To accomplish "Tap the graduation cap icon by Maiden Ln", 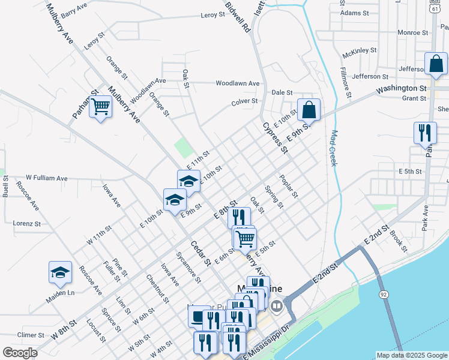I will click(60, 273).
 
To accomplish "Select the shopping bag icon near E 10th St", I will click(309, 110).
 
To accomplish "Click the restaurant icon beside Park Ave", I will click(425, 133).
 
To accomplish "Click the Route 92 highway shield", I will click(383, 294).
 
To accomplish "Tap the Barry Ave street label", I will click(74, 11).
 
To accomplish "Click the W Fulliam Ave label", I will click(47, 178).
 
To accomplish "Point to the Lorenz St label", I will click(26, 223).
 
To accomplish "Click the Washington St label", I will click(401, 89).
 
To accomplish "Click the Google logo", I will click(20, 353).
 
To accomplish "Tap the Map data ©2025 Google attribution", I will click(411, 355).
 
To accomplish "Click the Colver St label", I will click(244, 102).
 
